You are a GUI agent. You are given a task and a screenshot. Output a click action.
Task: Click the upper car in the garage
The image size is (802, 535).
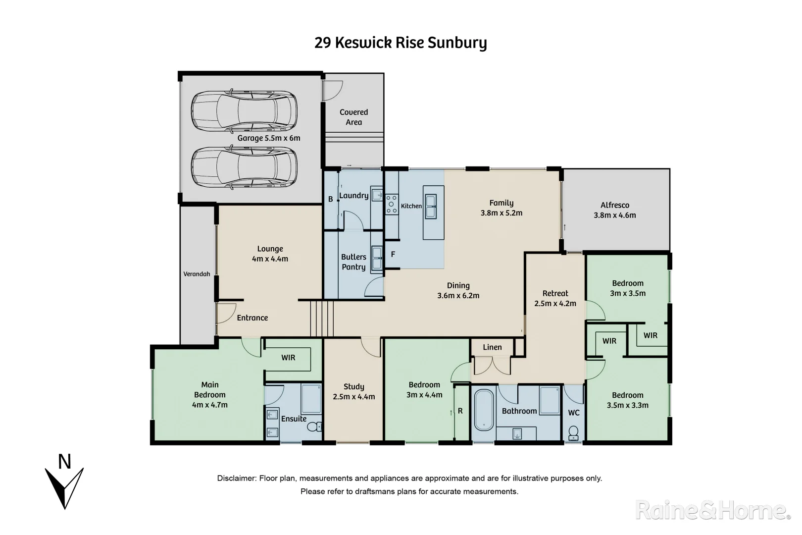[x=244, y=112]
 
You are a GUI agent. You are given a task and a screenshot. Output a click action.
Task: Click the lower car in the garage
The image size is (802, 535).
[x=244, y=168]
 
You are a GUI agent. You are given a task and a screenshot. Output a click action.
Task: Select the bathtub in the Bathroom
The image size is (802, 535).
[x=484, y=410]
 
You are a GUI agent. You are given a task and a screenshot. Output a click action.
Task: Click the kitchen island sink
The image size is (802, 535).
[x=431, y=206]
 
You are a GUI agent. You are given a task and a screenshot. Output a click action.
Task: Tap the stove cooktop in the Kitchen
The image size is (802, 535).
[x=392, y=204]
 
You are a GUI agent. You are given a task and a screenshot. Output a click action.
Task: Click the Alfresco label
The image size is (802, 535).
[x=615, y=205]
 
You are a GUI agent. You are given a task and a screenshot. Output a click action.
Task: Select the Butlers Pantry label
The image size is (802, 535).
[x=353, y=262]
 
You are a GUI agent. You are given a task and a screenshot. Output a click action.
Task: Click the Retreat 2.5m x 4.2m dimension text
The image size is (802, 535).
[x=555, y=303]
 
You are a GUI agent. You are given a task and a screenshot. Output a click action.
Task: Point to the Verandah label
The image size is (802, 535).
[x=197, y=274]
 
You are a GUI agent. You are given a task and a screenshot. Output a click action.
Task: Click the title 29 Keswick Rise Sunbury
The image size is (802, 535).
[x=401, y=43]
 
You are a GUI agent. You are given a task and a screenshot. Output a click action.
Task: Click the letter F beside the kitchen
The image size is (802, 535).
[x=393, y=255]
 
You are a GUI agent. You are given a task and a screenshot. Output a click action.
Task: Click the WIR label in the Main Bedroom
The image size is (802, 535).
[x=288, y=357]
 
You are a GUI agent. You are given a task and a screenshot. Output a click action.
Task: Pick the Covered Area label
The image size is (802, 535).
[x=353, y=117]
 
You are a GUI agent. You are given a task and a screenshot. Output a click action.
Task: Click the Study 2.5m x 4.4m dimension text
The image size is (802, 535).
[x=353, y=396]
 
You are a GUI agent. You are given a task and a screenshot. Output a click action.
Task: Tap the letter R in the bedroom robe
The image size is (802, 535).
[x=460, y=411]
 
